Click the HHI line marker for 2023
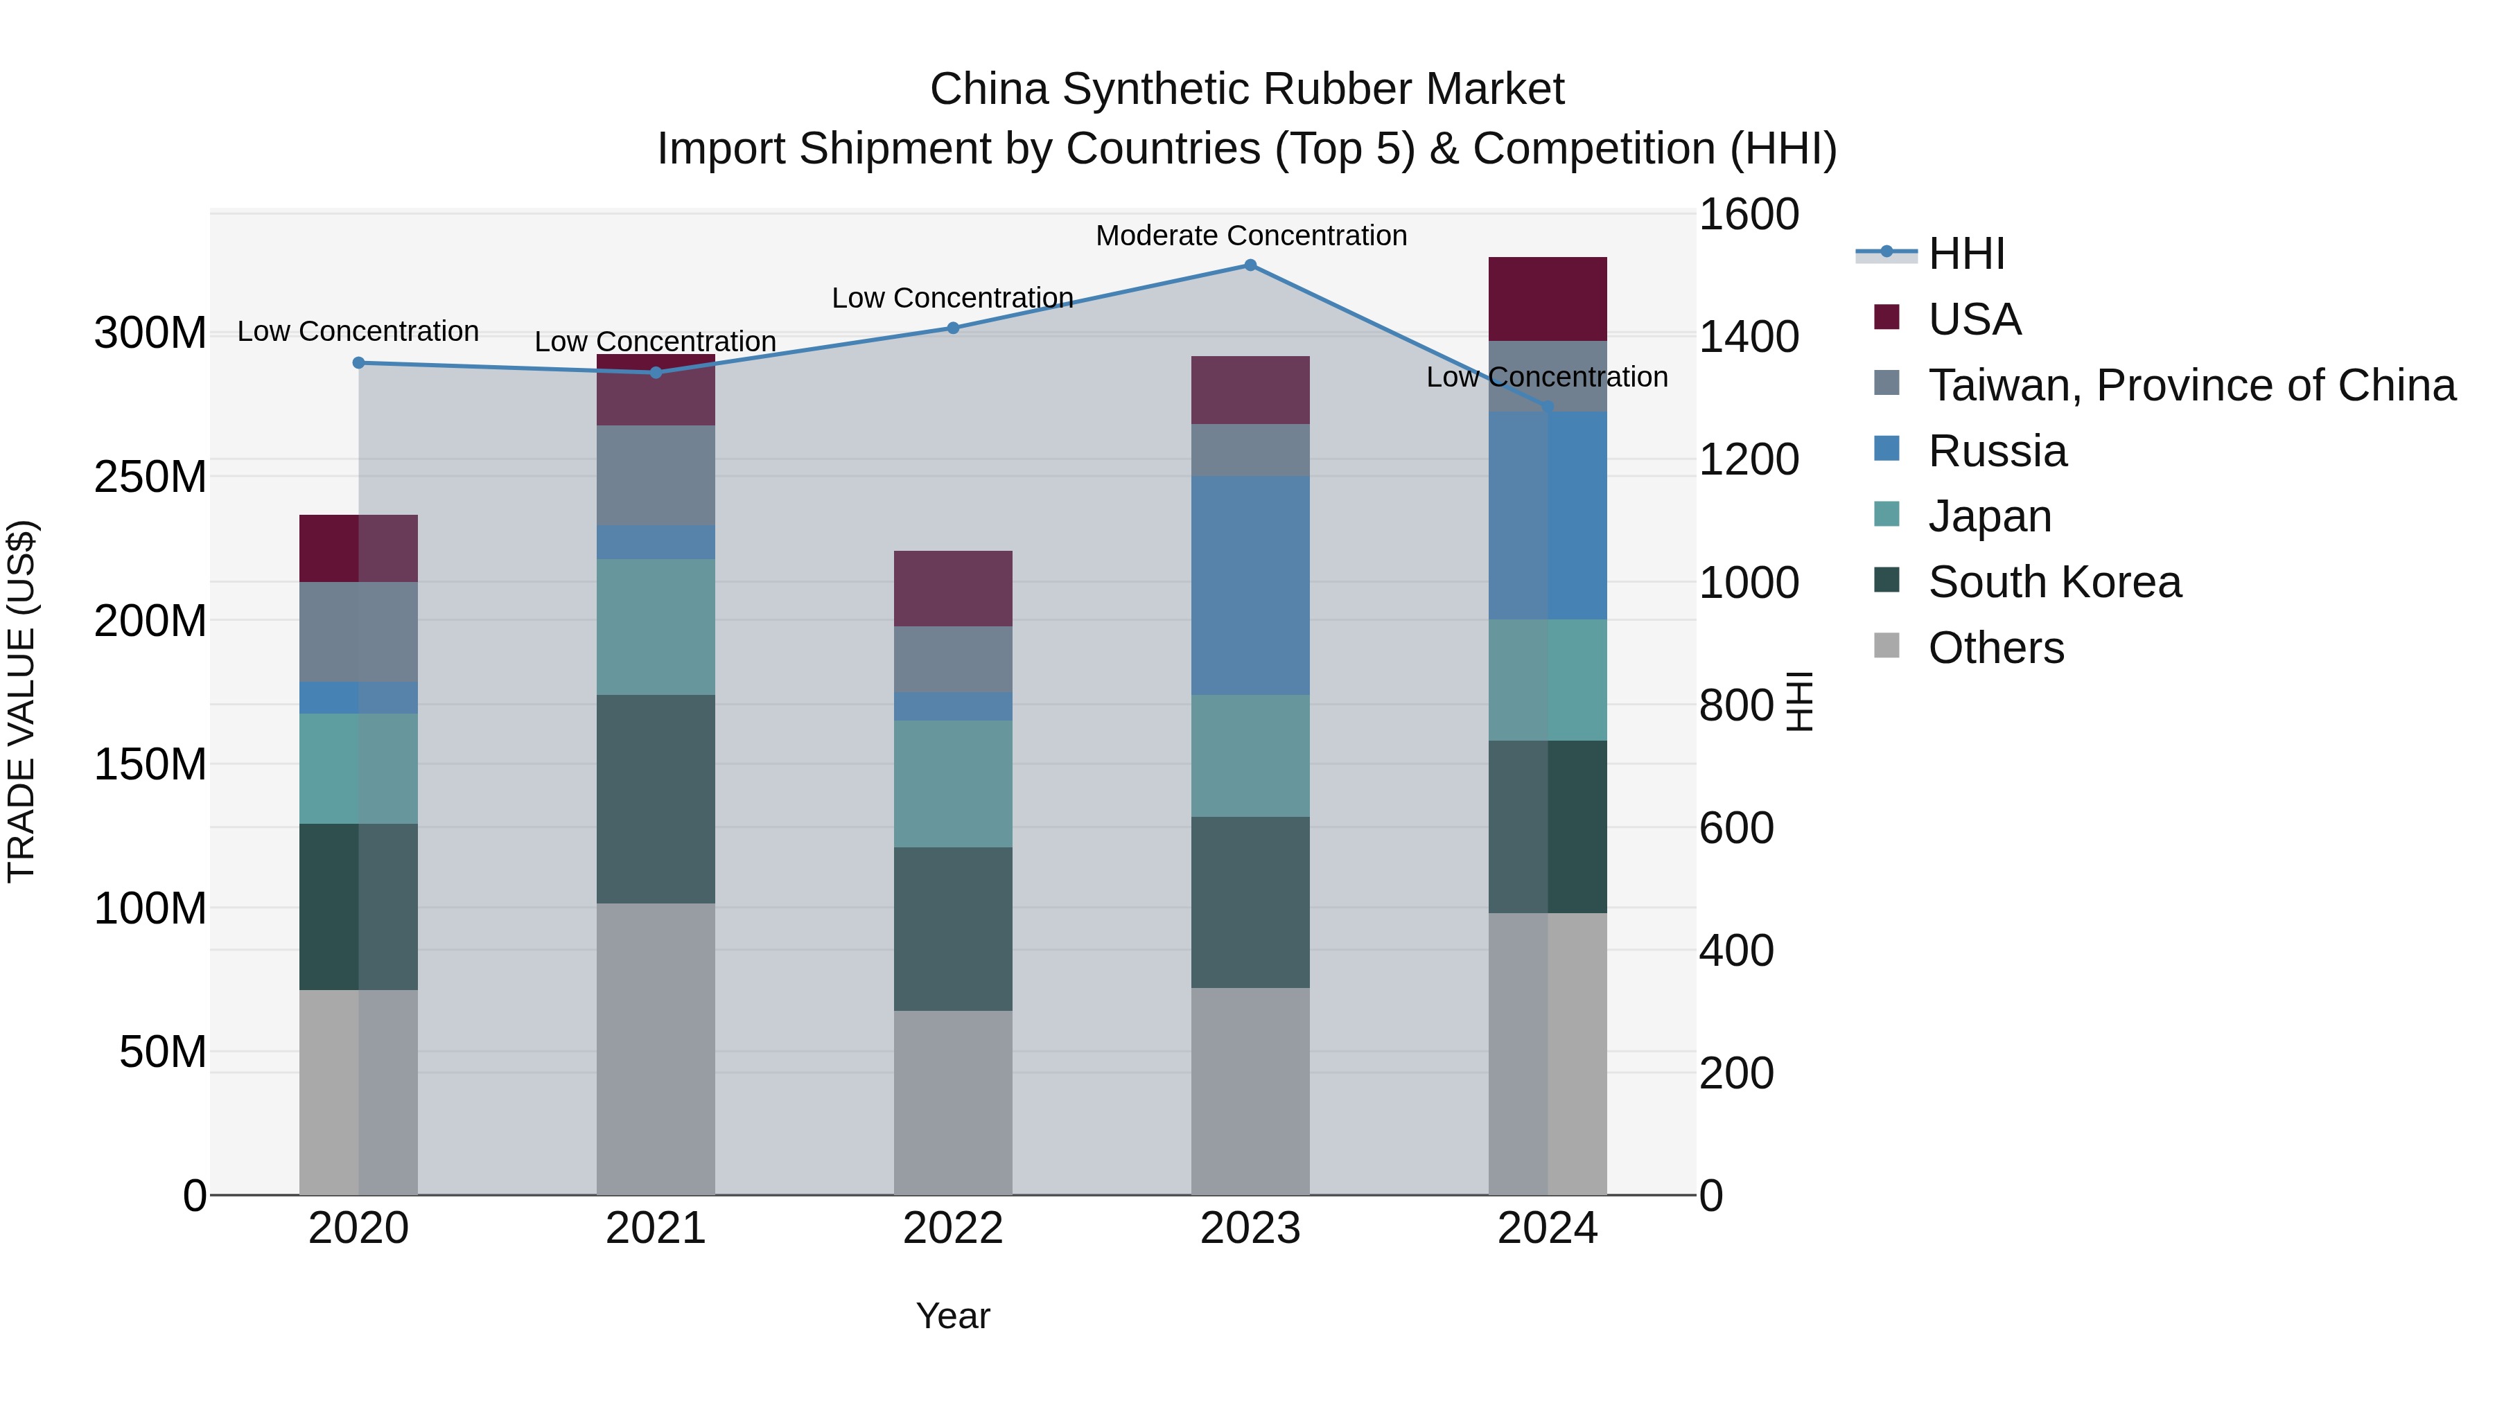click(1250, 265)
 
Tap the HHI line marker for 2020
click(358, 363)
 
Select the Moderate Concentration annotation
click(1250, 236)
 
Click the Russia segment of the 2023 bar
click(1250, 585)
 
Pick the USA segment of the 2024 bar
click(1547, 299)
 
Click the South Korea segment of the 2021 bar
click(656, 799)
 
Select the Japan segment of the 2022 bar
click(952, 784)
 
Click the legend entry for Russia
click(1997, 451)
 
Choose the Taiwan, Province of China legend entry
click(2191, 385)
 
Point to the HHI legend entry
click(1966, 254)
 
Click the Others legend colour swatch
click(1886, 646)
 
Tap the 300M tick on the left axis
click(150, 333)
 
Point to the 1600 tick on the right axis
click(1749, 214)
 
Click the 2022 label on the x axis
click(952, 1228)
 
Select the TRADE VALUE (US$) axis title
click(21, 701)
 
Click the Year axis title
click(952, 1316)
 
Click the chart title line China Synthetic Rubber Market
click(1247, 89)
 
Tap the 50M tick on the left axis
click(163, 1052)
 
